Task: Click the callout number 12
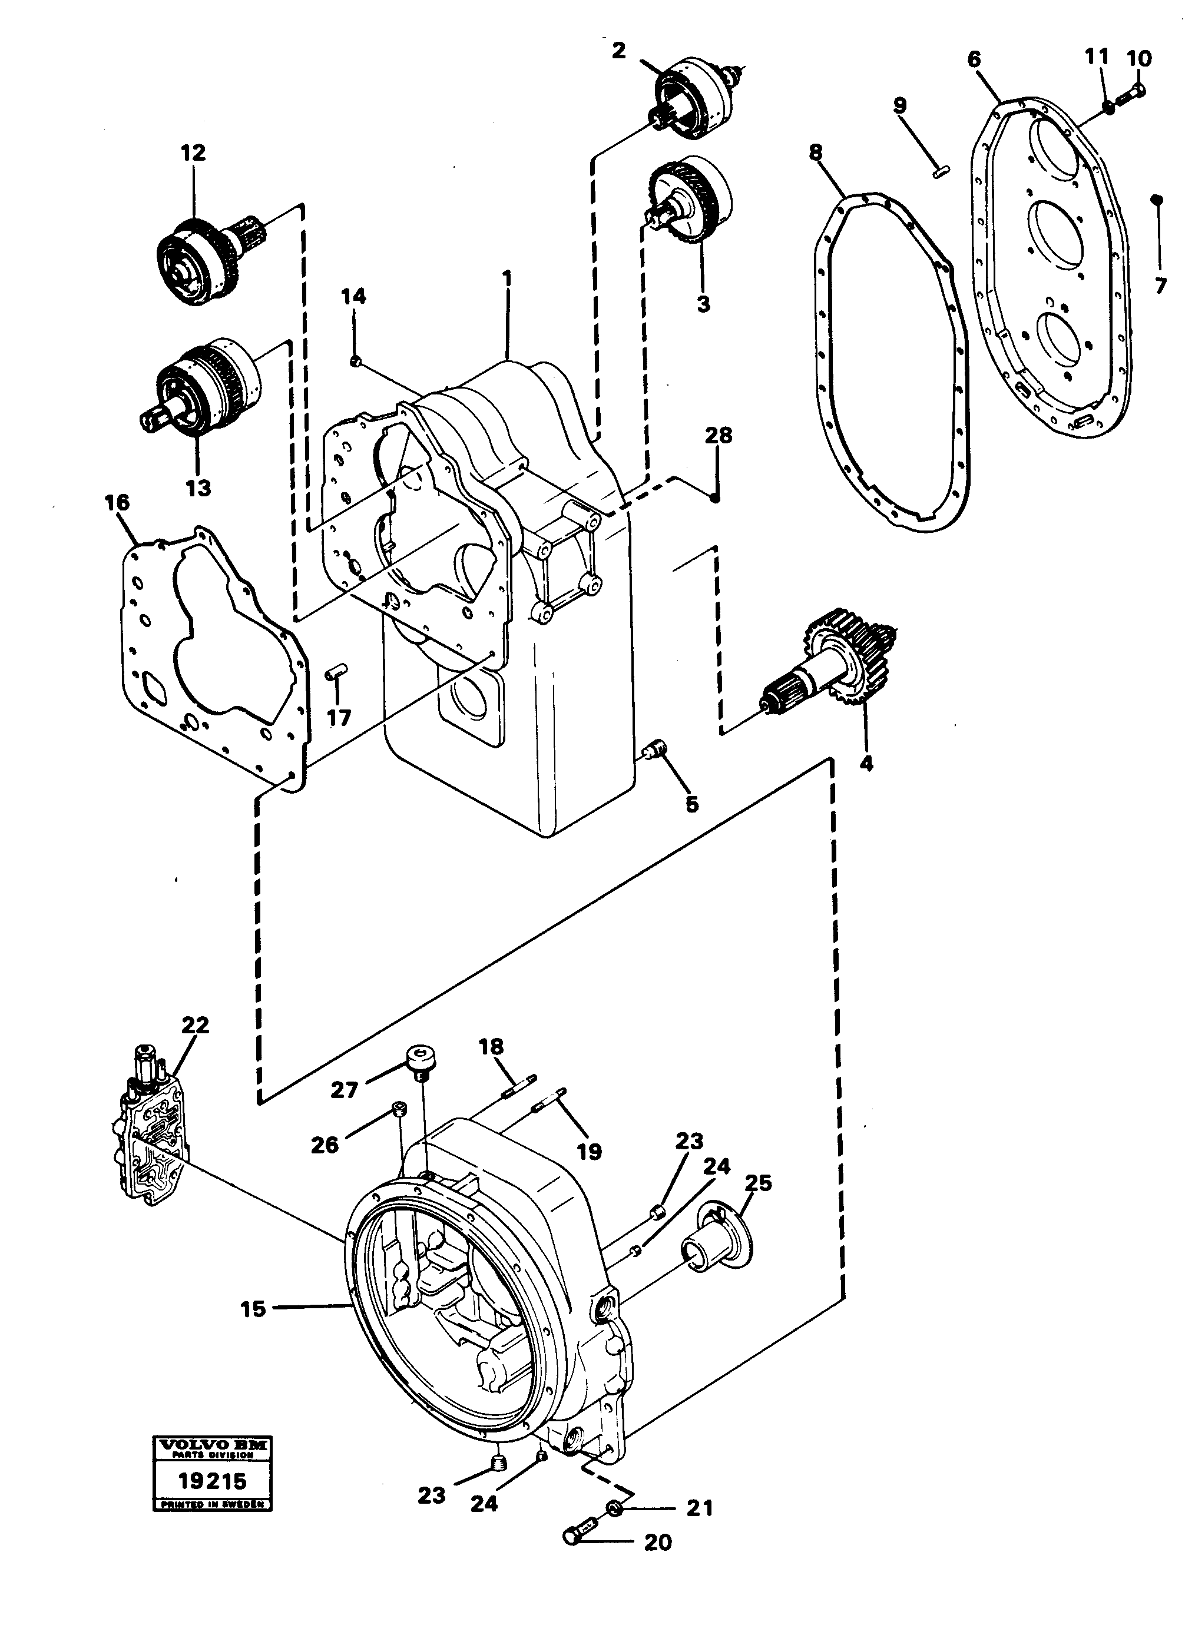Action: tap(193, 152)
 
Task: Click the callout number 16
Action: tap(117, 502)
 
